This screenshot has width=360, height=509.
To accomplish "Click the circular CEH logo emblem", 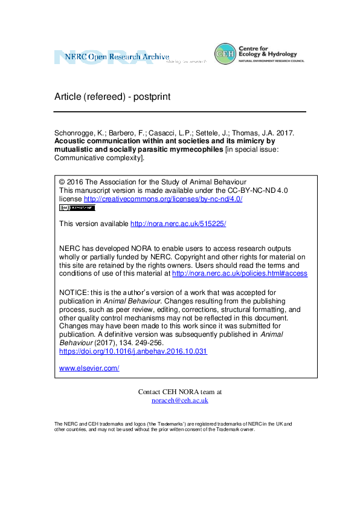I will [225, 54].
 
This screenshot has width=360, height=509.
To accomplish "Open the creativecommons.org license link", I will [162, 198].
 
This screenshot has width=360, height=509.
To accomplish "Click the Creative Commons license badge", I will [77, 207].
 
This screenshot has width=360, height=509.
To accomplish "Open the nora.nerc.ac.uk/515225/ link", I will [178, 223].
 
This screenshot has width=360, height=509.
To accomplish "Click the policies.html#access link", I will [240, 273].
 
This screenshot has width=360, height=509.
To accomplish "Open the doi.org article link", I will [133, 351].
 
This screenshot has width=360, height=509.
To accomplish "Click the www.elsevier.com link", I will [89, 368].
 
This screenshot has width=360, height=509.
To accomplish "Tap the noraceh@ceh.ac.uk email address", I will [179, 400].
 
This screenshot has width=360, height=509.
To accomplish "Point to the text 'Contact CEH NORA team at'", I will [180, 392].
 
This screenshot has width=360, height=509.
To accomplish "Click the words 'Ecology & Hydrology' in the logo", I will [272, 54].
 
